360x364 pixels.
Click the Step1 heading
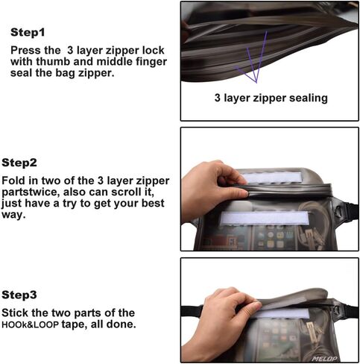coord(28,33)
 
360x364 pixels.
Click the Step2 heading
coord(19,163)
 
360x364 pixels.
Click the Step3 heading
coord(19,295)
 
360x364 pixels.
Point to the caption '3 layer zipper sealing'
coord(271,98)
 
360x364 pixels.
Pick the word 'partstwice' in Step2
coord(31,192)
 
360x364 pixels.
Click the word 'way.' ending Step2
coord(13,215)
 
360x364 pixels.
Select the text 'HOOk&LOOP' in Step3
coord(31,324)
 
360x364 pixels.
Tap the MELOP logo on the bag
coord(324,358)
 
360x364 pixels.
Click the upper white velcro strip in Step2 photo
coord(271,178)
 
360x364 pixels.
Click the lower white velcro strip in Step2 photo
coord(265,218)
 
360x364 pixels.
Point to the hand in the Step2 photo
coord(214,189)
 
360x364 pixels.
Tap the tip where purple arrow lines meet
coord(256,82)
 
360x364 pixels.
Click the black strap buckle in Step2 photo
coord(338,212)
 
